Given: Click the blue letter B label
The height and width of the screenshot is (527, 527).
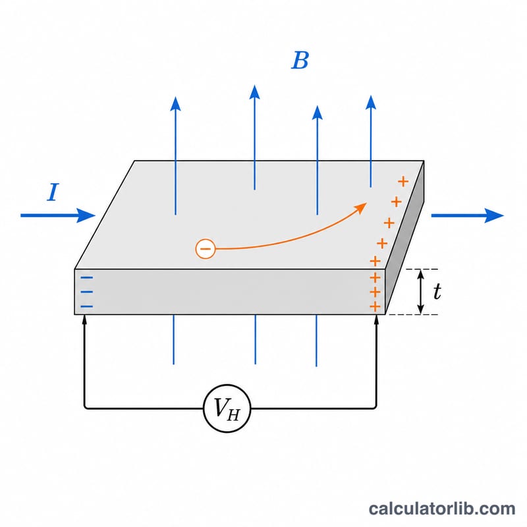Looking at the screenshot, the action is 300,61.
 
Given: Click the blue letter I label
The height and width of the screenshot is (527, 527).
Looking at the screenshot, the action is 53,192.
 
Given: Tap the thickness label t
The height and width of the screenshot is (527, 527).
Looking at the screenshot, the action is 437,291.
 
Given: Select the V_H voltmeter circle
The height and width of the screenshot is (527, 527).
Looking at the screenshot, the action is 227,408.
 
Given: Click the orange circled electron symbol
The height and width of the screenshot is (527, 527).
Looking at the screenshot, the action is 205,249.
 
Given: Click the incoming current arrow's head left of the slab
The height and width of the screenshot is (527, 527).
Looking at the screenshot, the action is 86,215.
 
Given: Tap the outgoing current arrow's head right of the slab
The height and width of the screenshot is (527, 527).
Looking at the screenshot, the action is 494,215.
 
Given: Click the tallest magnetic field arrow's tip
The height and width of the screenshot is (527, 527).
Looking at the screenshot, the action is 255,86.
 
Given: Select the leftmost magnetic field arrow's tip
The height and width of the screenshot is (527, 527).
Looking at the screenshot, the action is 175,97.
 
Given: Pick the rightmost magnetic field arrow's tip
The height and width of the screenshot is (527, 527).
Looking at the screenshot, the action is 371,96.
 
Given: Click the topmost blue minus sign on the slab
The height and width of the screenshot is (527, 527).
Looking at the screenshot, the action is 87,277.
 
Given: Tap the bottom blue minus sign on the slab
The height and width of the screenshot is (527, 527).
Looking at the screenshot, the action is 87,306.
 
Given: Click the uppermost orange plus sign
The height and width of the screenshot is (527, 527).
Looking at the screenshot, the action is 403,182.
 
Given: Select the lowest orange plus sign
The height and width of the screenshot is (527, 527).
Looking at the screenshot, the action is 375,306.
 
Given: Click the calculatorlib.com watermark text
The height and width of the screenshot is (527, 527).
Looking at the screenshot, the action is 442,509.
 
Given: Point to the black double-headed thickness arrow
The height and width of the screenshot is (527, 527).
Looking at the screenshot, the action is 420,292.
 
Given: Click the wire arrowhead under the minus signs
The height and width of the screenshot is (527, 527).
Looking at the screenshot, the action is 85,319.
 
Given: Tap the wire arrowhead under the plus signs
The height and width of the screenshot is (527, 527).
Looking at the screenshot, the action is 376,319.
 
